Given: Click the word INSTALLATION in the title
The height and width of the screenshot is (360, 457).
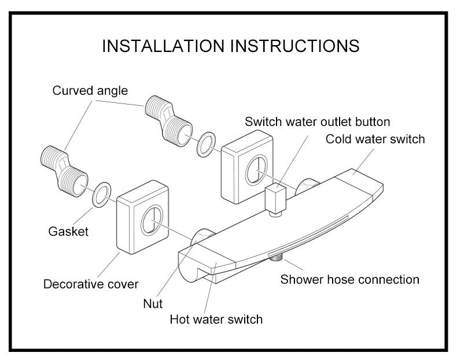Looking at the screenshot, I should (164, 46).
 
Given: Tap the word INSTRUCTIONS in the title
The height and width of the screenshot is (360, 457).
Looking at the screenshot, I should (295, 46).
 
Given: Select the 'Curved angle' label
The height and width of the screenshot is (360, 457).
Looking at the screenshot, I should (90, 91).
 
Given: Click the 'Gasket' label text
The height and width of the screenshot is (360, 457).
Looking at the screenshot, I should (68, 232).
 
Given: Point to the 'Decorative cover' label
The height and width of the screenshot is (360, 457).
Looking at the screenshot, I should (91, 284).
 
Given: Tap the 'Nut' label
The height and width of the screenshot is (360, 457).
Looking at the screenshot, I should (153, 303).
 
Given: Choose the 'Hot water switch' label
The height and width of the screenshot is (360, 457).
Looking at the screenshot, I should (216, 319).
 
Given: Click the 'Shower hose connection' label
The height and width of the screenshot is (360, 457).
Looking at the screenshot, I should (349, 280).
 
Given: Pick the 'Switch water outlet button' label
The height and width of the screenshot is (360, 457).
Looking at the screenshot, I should (317, 122).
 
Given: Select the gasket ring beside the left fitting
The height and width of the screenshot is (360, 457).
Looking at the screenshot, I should (102, 194).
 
